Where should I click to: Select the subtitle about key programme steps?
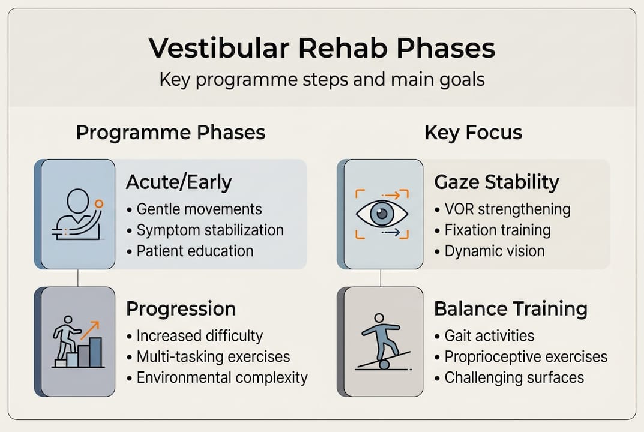322,80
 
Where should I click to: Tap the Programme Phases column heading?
170,133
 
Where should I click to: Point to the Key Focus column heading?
473,133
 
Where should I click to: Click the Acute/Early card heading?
179,182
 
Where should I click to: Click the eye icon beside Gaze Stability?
381,214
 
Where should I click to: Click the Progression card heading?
181,309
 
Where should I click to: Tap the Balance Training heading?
510,309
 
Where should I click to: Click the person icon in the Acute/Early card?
77,214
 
